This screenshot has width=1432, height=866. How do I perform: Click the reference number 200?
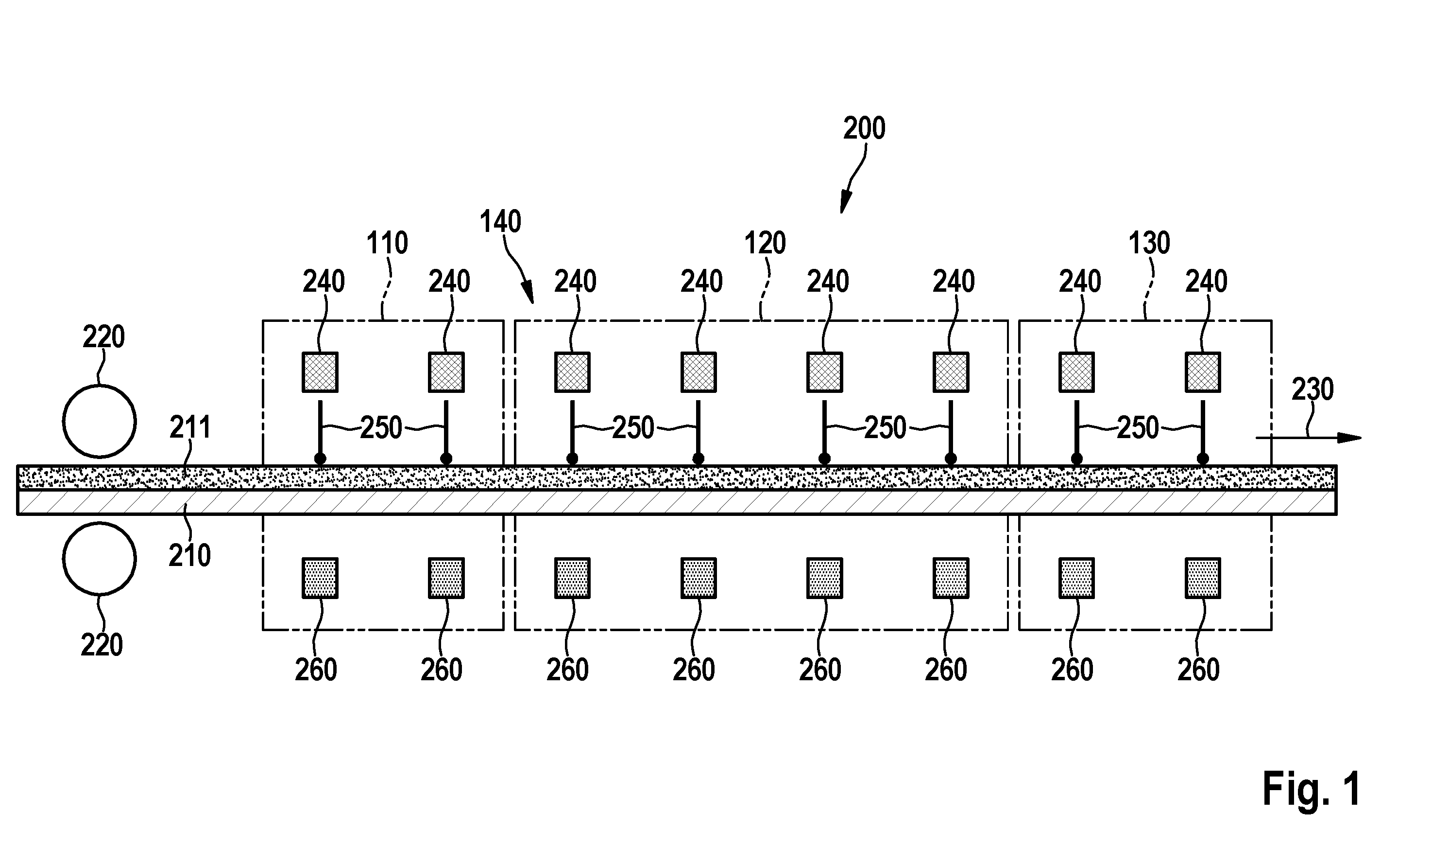pos(864,128)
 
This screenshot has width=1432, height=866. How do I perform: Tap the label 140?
pos(500,222)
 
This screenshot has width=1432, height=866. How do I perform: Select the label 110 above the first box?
pos(387,243)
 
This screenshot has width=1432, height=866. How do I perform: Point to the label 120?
pos(765,243)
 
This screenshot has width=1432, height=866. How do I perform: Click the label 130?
pos(1149,243)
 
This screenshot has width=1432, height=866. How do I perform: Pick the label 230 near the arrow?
pos(1313,389)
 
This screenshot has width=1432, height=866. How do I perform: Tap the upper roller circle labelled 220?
pos(100,421)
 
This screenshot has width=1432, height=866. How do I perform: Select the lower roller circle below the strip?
pos(100,558)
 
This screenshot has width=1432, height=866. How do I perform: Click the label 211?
pos(190,427)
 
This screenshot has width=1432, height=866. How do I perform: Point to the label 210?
pos(189,555)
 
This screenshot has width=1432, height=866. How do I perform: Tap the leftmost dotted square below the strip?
pos(320,578)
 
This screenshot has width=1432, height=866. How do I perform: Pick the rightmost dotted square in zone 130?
pos(1203,578)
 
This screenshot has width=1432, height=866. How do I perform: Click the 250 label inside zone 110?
pos(381,428)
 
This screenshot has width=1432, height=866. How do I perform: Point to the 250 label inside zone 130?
pos(1138,428)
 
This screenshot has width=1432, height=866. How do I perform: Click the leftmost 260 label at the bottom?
pos(316,670)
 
